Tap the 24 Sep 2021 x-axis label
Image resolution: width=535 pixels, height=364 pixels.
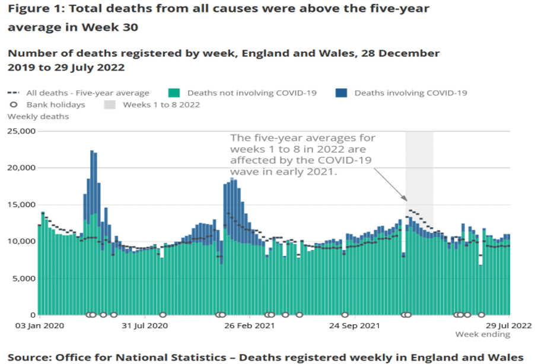pos(354,325)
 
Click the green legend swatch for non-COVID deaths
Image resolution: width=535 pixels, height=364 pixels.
pos(174,93)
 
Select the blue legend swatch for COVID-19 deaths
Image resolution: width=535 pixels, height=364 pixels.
pos(341,93)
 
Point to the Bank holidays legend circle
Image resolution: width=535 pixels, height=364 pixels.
pos(12,105)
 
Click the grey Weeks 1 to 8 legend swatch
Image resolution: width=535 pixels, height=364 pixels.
pos(110,105)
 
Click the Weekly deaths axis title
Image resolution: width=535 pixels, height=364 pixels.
pos(38,117)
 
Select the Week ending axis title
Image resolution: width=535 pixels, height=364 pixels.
pos(482,334)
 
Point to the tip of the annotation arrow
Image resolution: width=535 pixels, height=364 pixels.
pos(406,200)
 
